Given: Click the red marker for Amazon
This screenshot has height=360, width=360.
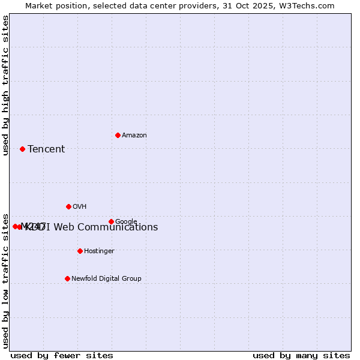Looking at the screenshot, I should [x=118, y=135].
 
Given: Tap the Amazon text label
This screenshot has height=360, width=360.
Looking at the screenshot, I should [x=134, y=136].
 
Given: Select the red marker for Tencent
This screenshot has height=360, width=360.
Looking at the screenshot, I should [x=22, y=149].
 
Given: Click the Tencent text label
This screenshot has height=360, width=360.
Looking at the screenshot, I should [x=46, y=149].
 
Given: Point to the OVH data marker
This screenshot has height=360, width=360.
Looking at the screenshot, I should [x=68, y=206].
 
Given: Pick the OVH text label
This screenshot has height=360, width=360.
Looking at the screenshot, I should [x=80, y=207].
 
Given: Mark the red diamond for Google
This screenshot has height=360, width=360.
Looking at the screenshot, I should [x=111, y=221].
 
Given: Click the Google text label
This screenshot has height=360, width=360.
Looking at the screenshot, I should [x=127, y=222].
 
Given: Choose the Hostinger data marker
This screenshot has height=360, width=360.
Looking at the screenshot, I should [x=80, y=251].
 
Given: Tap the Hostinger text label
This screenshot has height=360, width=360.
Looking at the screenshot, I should [x=99, y=251].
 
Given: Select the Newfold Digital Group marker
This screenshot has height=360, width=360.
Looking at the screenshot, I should [x=67, y=278].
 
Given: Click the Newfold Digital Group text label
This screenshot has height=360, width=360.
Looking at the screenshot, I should [x=107, y=279].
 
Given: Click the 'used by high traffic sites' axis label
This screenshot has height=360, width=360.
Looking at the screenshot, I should [x=6, y=85].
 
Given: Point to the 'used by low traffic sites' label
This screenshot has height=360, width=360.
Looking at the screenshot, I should [x=6, y=280].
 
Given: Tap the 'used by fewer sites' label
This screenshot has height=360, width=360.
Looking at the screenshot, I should [x=62, y=356].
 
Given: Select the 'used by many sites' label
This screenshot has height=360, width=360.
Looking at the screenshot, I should [x=301, y=356].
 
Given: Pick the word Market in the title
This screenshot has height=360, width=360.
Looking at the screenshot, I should [x=40, y=6].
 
